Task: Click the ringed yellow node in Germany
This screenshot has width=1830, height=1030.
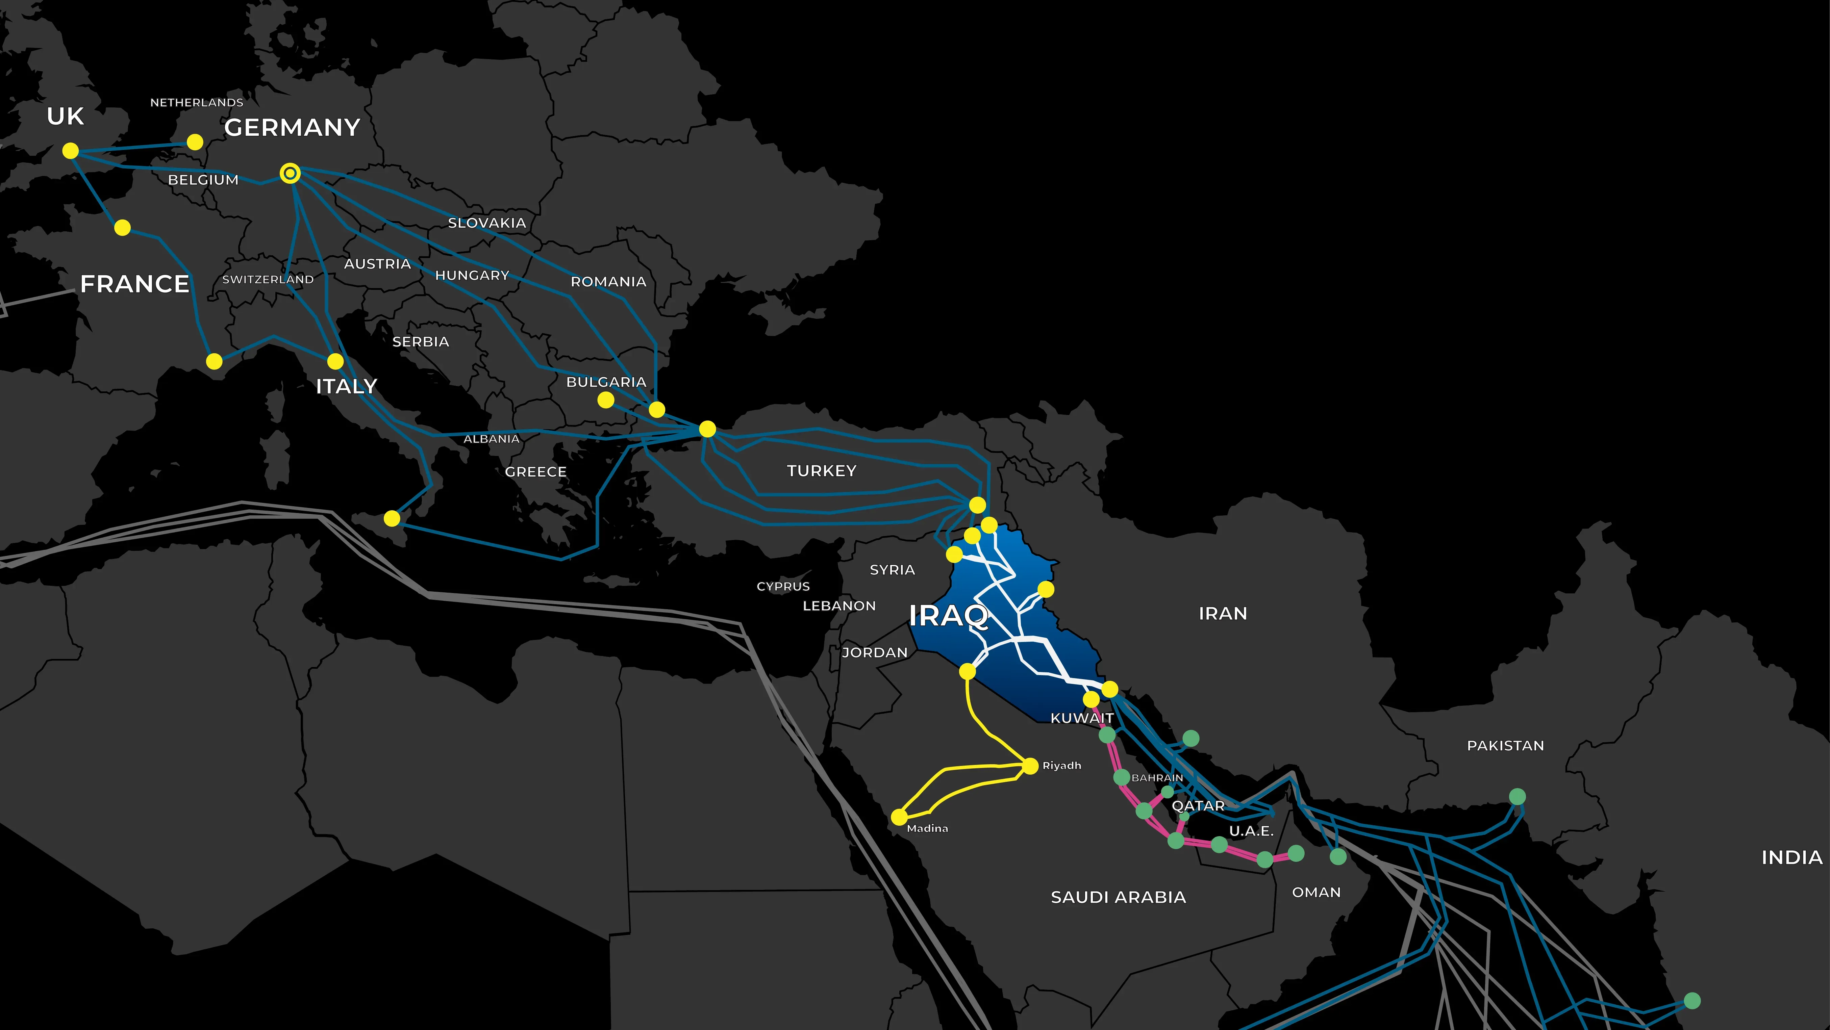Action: pyautogui.click(x=290, y=173)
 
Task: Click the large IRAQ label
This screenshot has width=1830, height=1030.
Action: pyautogui.click(x=948, y=615)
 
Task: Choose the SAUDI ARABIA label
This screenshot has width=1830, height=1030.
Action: pyautogui.click(x=1118, y=897)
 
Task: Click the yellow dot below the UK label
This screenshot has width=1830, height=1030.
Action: pyautogui.click(x=70, y=151)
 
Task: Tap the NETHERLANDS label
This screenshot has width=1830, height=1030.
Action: pyautogui.click(x=197, y=102)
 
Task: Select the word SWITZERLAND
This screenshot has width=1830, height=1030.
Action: pyautogui.click(x=268, y=279)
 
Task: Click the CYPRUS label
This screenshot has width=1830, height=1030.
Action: pyautogui.click(x=783, y=586)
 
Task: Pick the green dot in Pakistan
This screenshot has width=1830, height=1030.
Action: pyautogui.click(x=1517, y=796)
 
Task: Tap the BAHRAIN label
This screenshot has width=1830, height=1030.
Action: pyautogui.click(x=1157, y=778)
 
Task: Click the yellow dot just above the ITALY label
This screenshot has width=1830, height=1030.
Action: pyautogui.click(x=335, y=361)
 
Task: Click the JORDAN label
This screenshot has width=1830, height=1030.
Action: pyautogui.click(x=875, y=652)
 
